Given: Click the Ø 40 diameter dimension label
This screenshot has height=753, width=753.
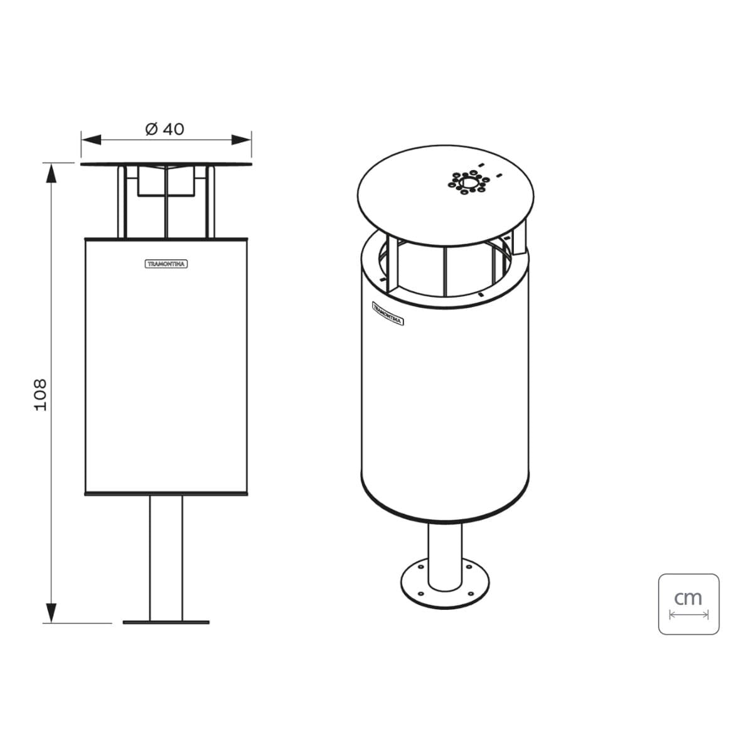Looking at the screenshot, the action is click(x=164, y=129).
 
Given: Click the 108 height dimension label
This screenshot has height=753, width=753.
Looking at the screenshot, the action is click(x=41, y=395).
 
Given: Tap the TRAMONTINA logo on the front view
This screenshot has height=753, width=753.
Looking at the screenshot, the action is click(x=166, y=264).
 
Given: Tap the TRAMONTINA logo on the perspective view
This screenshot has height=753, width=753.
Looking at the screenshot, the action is click(x=388, y=313).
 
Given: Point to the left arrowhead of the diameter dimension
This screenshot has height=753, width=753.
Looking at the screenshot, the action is click(x=91, y=139).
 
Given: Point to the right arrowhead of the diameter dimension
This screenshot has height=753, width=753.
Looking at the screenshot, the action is click(x=241, y=139).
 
